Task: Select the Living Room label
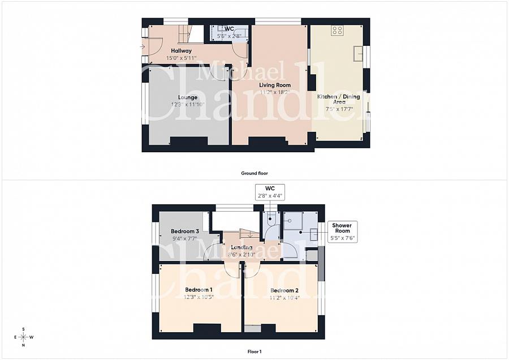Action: click(x=275, y=85)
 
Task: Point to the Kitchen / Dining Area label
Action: click(x=338, y=99)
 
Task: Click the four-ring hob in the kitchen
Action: click(x=338, y=31)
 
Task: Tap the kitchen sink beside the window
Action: click(x=358, y=54)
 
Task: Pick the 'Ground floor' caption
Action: click(x=254, y=173)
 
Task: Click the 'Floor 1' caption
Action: click(x=254, y=352)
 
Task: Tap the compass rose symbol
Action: click(x=23, y=337)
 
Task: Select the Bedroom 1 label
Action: click(x=195, y=290)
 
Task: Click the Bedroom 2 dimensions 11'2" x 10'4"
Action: click(x=284, y=297)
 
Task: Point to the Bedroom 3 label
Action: click(x=185, y=231)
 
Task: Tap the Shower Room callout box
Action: click(x=342, y=232)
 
